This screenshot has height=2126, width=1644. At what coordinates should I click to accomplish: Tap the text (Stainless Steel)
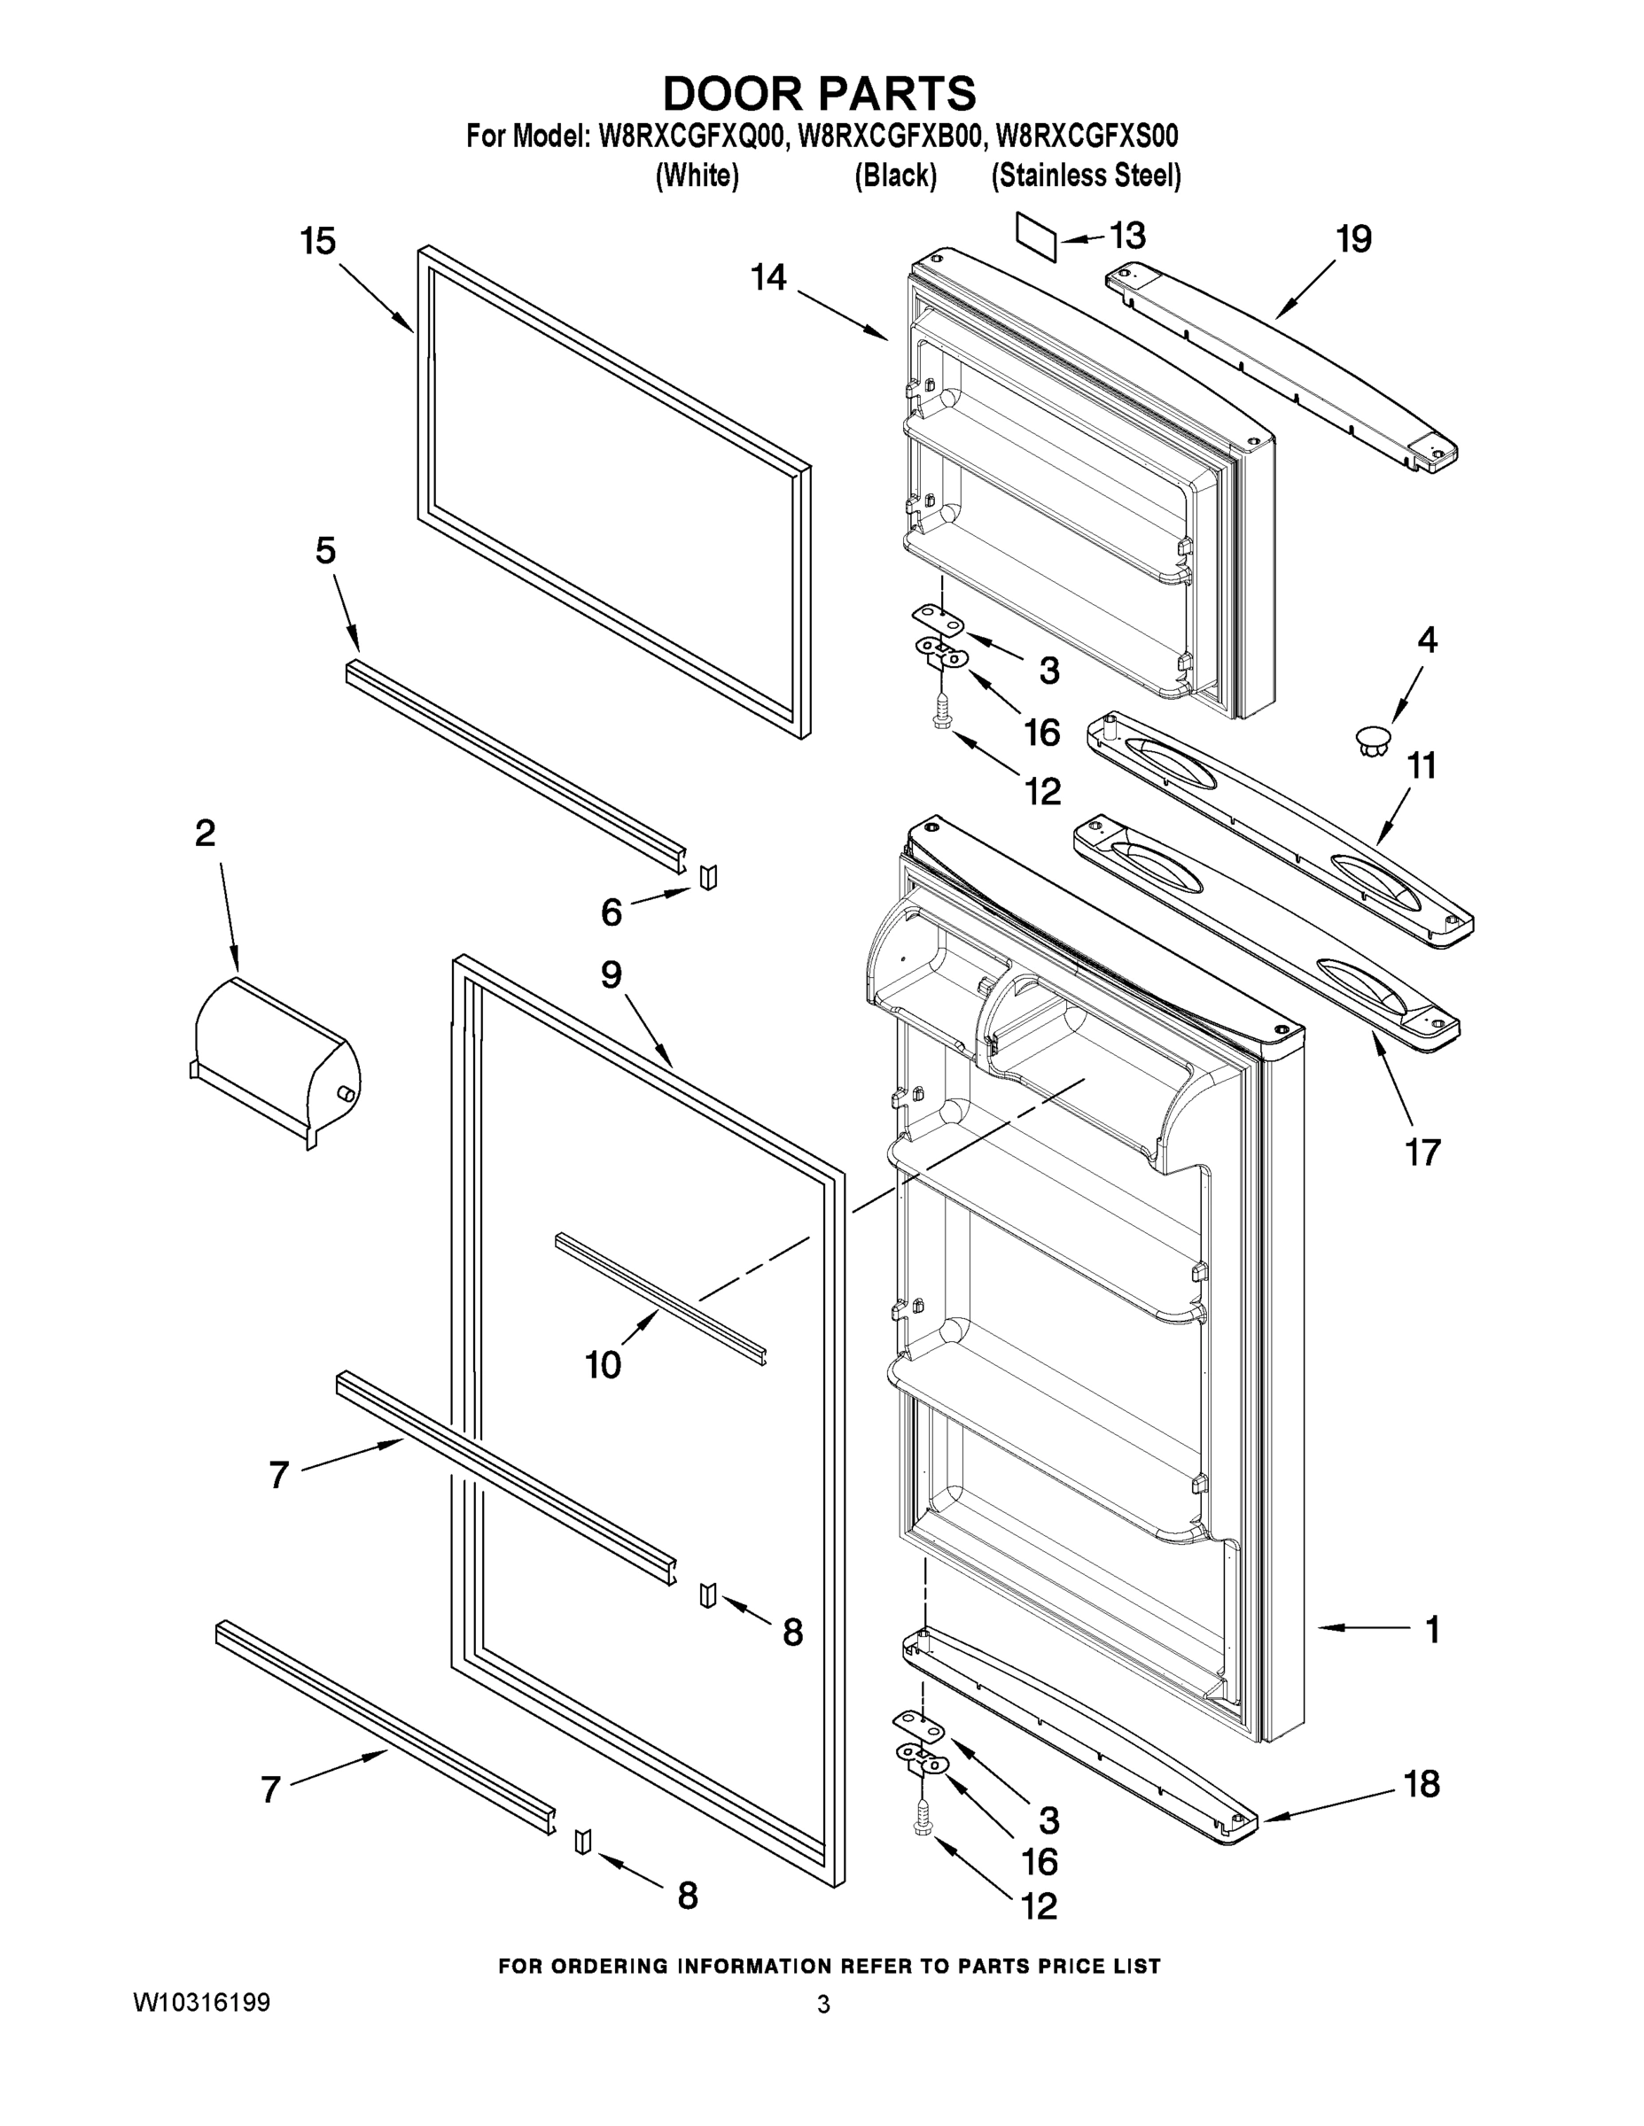point(1086,176)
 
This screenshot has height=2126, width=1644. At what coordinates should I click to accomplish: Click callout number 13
point(1128,236)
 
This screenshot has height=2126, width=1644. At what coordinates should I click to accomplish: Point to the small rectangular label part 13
point(1036,237)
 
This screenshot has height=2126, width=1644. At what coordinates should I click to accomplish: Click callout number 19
point(1354,238)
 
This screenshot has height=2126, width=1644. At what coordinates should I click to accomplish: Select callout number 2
point(206,834)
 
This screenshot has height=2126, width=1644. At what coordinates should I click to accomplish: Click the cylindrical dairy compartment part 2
point(276,1061)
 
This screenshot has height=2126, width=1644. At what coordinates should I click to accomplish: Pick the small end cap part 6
point(709,876)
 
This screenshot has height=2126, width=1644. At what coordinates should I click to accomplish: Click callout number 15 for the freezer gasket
point(317,242)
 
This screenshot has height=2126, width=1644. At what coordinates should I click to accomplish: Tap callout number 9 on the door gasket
point(611,974)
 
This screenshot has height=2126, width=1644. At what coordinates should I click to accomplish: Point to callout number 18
point(1422,1784)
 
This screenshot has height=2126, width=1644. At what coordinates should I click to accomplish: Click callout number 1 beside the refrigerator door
point(1431,1630)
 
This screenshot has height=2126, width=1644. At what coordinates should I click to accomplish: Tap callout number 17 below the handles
point(1422,1152)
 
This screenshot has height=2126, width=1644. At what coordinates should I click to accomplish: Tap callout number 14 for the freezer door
point(768,278)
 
